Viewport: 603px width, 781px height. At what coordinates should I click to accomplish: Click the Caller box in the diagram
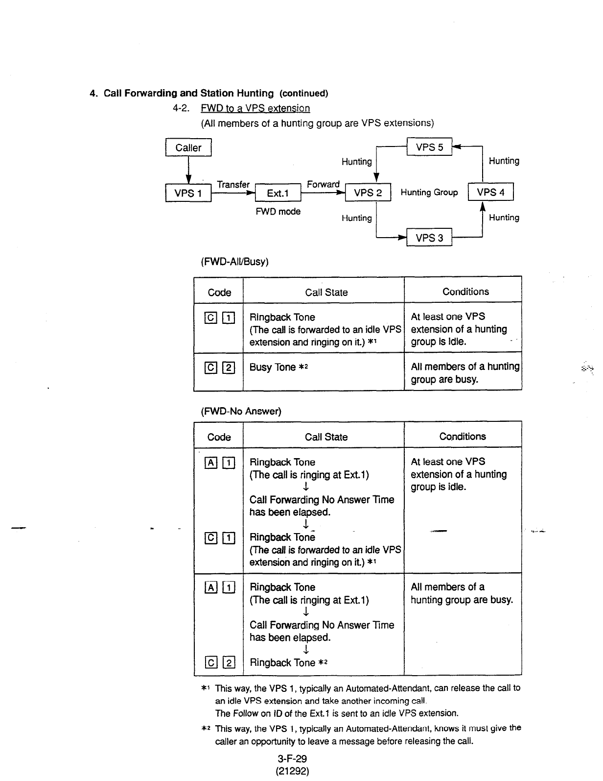188,147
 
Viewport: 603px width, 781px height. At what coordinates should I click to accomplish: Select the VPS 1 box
188,193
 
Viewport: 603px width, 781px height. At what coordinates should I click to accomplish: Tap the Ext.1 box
278,193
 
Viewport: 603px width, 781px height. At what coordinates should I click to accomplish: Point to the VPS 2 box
368,193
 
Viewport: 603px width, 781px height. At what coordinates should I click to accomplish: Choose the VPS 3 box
429,238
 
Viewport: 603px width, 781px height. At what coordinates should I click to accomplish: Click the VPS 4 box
490,192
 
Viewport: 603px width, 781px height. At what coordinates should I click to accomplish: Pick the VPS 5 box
429,147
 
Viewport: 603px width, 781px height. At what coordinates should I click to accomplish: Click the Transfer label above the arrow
233,184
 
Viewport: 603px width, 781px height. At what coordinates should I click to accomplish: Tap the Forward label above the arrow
323,184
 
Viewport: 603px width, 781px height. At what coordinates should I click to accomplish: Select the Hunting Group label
429,193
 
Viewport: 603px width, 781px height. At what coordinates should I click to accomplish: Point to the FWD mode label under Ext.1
278,212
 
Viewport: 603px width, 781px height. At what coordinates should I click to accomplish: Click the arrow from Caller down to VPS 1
188,170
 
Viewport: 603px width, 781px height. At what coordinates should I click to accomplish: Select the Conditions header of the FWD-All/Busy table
465,292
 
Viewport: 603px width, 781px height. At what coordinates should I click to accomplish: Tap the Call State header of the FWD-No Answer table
326,437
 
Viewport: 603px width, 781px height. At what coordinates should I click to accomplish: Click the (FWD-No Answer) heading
241,411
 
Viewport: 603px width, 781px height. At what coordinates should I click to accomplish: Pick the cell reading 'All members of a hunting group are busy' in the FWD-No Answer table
462,593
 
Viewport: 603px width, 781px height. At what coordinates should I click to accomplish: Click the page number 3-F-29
292,759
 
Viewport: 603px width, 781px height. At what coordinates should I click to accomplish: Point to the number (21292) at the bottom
292,771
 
